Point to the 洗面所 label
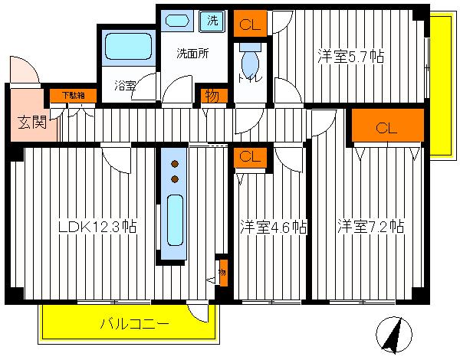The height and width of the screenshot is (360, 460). [x=192, y=54]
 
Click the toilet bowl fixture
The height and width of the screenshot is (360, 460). [x=249, y=58]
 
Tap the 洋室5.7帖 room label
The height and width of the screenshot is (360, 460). [x=350, y=57]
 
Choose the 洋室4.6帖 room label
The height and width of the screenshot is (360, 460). [x=273, y=227]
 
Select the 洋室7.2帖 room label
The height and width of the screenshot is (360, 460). [x=370, y=227]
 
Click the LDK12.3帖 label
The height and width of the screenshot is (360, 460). [x=99, y=227]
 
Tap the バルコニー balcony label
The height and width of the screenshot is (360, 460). [x=134, y=325]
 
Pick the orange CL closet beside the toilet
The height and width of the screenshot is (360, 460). [x=249, y=24]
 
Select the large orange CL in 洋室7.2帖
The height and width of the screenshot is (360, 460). [x=387, y=127]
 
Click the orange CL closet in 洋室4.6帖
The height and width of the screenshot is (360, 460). [x=249, y=158]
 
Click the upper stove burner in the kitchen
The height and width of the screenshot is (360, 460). [x=175, y=164]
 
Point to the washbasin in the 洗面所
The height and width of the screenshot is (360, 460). [x=179, y=21]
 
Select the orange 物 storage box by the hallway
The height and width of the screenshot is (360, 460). [x=210, y=96]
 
